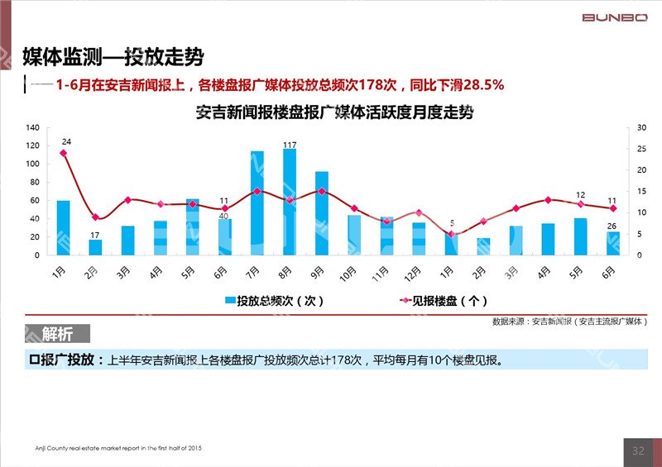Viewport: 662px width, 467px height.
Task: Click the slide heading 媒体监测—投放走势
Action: pos(113,57)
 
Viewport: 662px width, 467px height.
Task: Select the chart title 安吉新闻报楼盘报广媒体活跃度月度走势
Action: pos(334,112)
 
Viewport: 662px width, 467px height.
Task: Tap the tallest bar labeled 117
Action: pos(289,202)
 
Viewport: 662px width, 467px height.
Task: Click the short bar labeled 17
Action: pos(95,247)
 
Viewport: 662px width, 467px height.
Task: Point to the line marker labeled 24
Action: pos(63,153)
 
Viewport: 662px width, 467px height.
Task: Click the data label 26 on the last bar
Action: pos(611,226)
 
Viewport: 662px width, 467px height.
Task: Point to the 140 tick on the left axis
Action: pos(32,127)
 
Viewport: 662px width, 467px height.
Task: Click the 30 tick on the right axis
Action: pos(641,127)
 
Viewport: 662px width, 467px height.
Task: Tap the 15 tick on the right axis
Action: pos(641,191)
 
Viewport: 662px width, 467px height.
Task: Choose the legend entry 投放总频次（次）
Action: pos(274,302)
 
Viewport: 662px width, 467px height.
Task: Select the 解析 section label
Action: pos(57,334)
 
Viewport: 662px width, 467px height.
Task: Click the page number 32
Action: pos(638,450)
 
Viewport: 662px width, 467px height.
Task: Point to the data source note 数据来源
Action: pos(569,321)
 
